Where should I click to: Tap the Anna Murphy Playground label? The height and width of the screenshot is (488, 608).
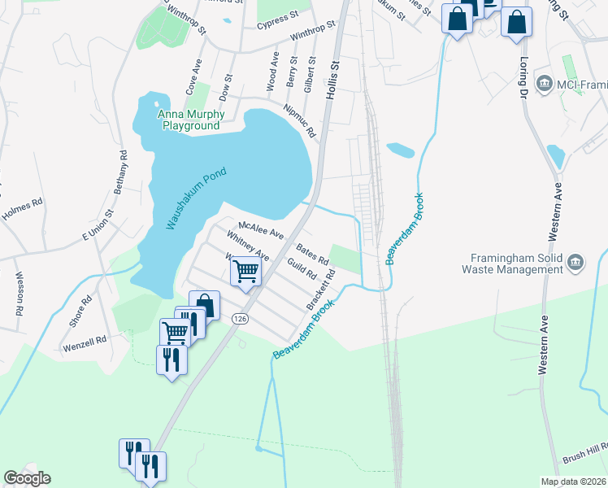tap(191, 120)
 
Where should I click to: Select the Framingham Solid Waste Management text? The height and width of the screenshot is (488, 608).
tap(511, 262)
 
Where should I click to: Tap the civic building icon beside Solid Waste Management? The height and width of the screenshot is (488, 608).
tap(575, 261)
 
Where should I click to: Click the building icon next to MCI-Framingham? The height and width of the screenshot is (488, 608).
tap(544, 82)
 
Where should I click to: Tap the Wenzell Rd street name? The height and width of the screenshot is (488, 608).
tap(85, 345)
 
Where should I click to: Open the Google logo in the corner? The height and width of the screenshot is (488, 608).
tap(27, 478)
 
